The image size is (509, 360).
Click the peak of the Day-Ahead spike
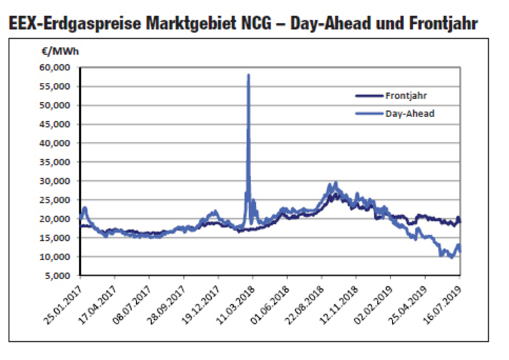pos(248,75)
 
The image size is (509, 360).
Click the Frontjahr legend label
pos(406,96)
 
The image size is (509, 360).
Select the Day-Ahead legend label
pos(410,114)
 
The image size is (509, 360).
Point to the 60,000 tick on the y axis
pos(54,68)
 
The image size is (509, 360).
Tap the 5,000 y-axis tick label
pos(57,276)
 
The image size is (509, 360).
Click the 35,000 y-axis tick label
pos(54,162)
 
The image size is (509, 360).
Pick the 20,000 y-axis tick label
pos(54,219)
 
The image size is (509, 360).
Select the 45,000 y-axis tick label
pos(54,124)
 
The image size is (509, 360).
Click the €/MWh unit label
pos(60,52)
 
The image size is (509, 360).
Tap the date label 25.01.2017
pos(64,305)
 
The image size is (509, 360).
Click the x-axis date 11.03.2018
pos(236,305)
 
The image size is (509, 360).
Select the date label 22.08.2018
pos(305,305)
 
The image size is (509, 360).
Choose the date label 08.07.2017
pos(133,305)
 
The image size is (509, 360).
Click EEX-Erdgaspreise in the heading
pos(75,23)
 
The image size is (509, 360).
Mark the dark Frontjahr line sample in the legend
pos(369,96)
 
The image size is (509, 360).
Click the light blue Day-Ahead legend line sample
pos(369,114)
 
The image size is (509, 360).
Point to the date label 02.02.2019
pos(374,305)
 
